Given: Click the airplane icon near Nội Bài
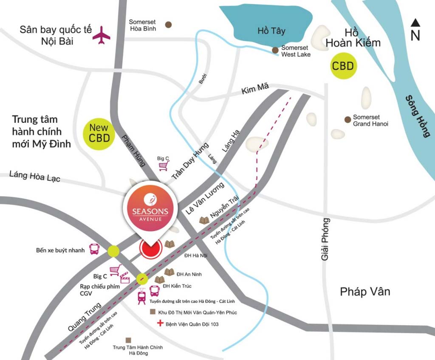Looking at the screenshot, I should pos(102,35).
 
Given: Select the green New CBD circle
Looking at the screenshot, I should pos(99,133).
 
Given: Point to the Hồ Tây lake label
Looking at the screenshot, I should pos(271,31).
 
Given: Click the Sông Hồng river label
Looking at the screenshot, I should pos(417,115).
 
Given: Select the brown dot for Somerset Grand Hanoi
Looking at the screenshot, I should pos(347,119).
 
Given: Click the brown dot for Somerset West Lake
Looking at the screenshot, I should pos(275,50).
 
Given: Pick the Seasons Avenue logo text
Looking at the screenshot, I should pos(150,212).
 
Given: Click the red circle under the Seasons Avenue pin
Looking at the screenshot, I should pos(150,249).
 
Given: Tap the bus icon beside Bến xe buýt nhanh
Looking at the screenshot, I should pos(95,249).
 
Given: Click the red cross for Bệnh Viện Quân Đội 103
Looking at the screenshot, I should pos(160,324).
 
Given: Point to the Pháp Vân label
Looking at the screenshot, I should pos(364,292).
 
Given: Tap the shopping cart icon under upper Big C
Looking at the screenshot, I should pos(163,167).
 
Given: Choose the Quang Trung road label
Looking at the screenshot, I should pos(84,317).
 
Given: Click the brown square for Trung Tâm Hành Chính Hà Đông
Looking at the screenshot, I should pos(128,340).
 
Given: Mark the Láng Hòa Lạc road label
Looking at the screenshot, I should pos(34,176).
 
